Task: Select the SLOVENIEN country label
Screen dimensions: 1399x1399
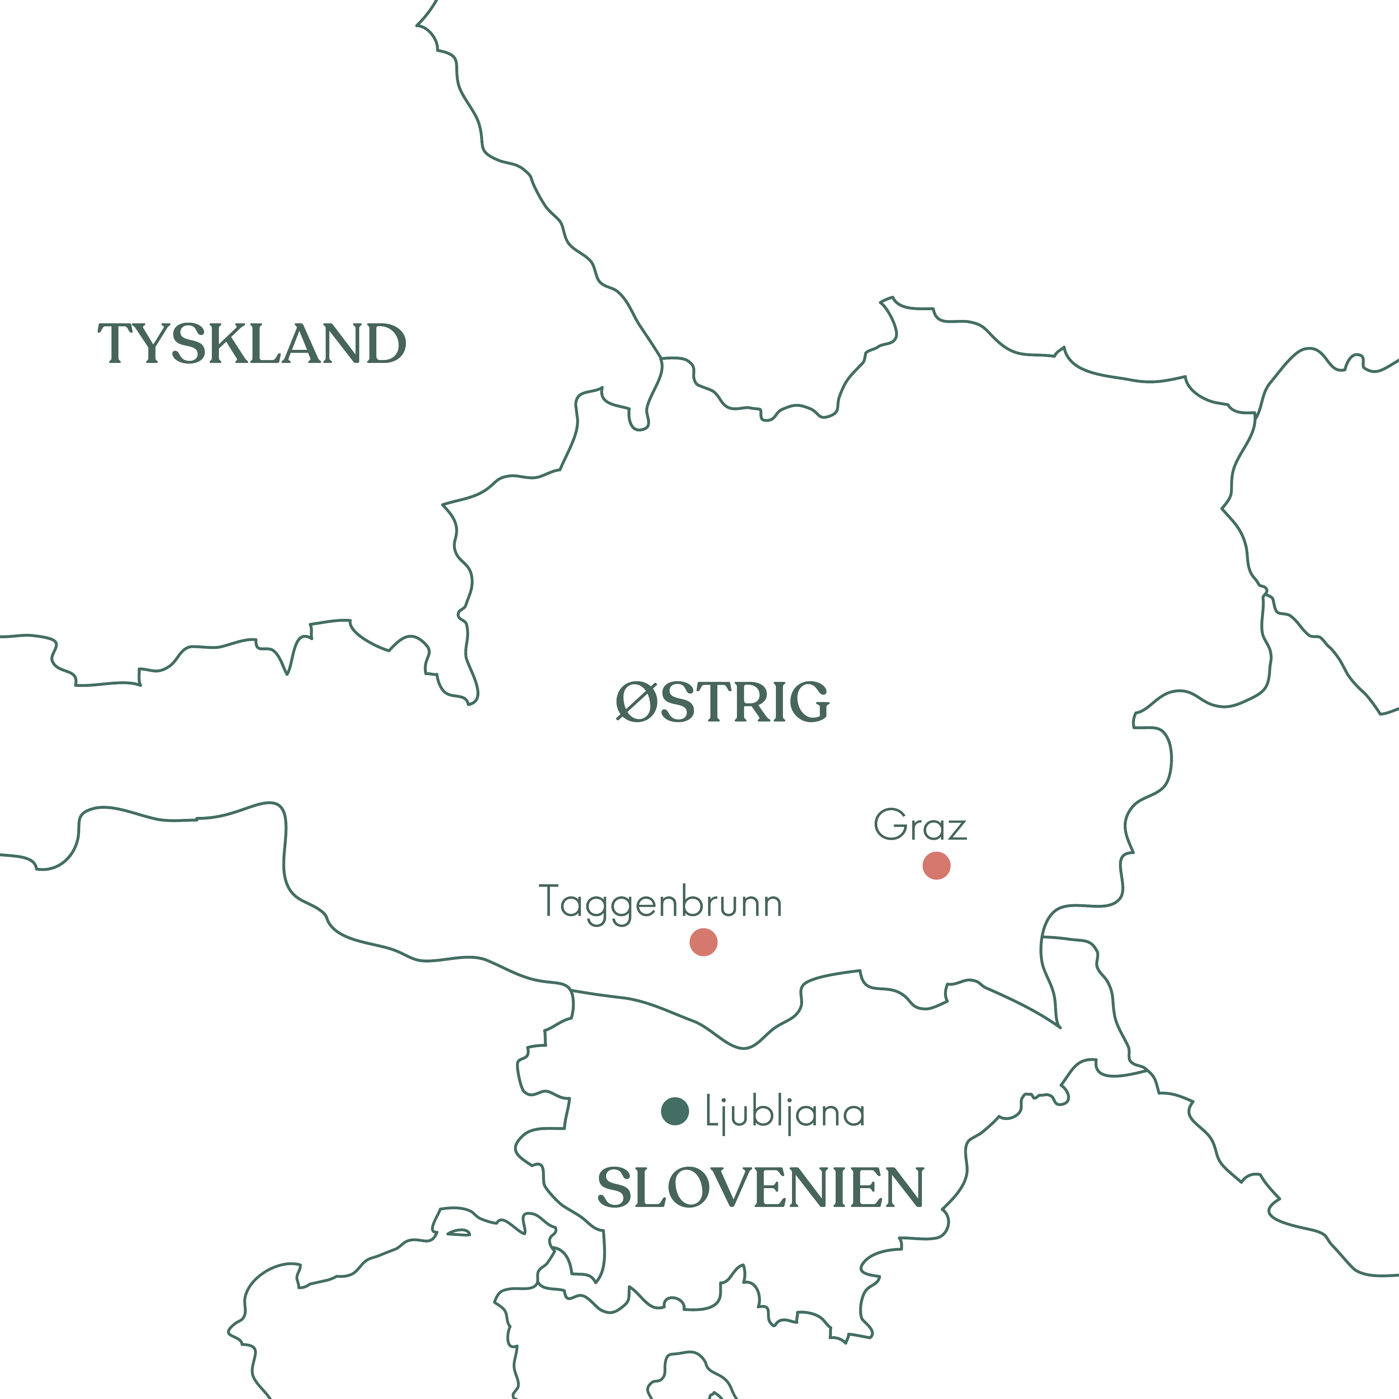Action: (x=760, y=1188)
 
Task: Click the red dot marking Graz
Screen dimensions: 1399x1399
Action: (x=936, y=865)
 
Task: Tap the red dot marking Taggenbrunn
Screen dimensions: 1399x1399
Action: (x=703, y=942)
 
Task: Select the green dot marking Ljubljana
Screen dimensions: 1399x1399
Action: (x=675, y=1111)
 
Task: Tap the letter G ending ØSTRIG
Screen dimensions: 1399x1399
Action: (x=809, y=702)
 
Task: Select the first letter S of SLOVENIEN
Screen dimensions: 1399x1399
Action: (x=613, y=1188)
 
